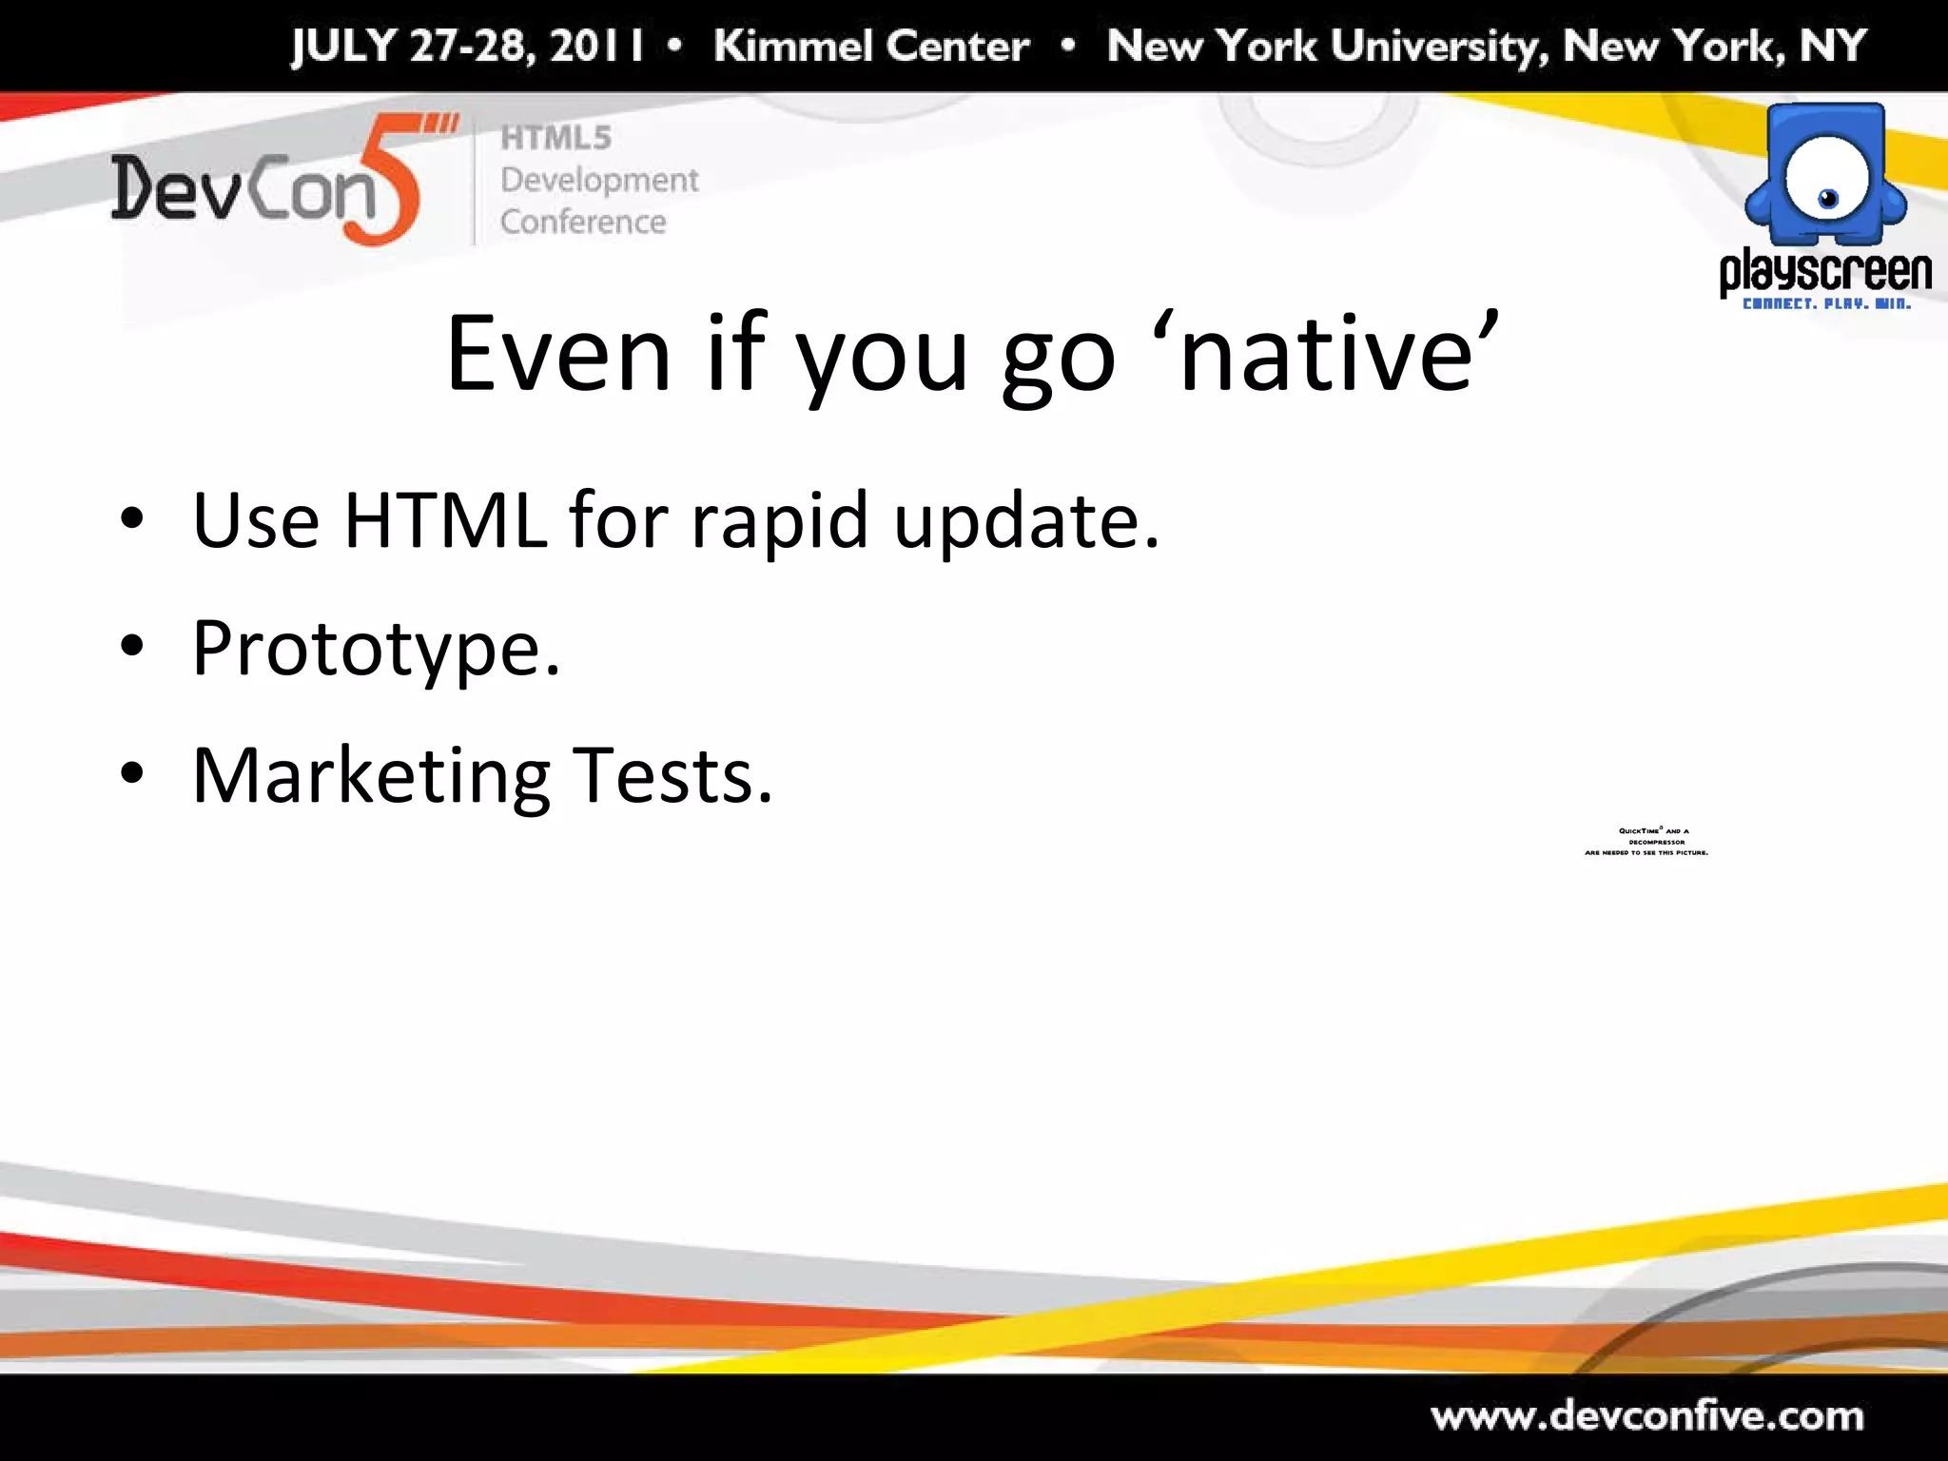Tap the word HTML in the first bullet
[x=445, y=520]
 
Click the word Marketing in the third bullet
[x=371, y=777]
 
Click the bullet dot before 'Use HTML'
[x=132, y=519]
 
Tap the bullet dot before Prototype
[x=132, y=648]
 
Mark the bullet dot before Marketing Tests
[x=132, y=774]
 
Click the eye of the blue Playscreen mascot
[x=1828, y=199]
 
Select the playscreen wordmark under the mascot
[x=1825, y=272]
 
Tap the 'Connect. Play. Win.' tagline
[x=1825, y=304]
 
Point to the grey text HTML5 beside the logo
[x=555, y=138]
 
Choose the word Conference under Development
[x=583, y=222]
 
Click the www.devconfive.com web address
[x=1646, y=1416]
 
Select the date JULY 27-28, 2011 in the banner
[x=467, y=46]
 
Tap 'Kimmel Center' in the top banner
[x=871, y=46]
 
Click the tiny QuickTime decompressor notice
[x=1646, y=842]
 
